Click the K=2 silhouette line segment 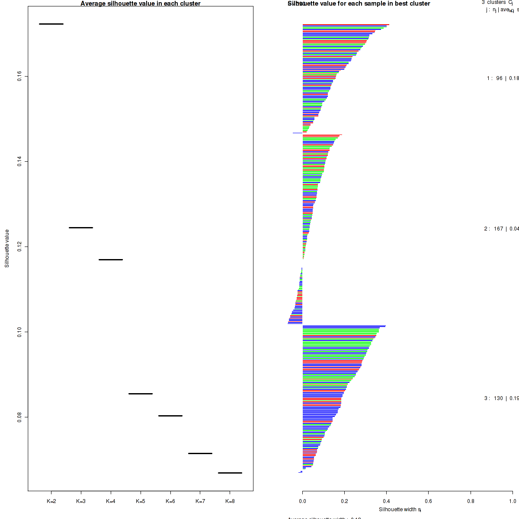tap(51, 24)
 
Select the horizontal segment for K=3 tap(81, 227)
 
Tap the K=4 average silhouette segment tap(111, 259)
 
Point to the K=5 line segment tap(141, 394)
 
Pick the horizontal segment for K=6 tap(170, 416)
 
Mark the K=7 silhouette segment tap(200, 453)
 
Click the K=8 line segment tap(230, 473)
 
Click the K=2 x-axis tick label tap(51, 501)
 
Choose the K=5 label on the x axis tap(141, 501)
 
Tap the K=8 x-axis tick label tap(230, 501)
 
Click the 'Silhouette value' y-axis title tap(7, 248)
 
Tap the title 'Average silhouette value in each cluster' tap(141, 3)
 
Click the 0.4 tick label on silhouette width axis tap(387, 501)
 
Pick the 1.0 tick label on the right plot tap(512, 501)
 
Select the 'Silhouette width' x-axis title tap(400, 509)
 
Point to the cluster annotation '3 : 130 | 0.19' tap(501, 398)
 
